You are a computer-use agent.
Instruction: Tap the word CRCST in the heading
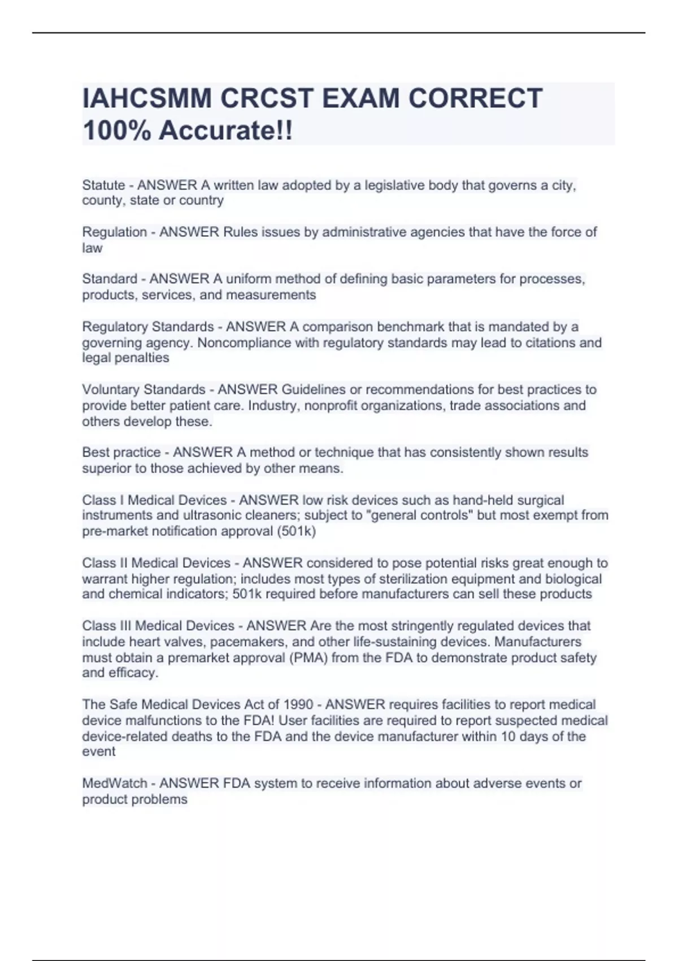click(266, 98)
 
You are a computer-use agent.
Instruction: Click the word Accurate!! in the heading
click(226, 131)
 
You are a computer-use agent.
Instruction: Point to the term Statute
click(103, 185)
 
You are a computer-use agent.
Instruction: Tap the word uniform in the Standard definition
click(247, 279)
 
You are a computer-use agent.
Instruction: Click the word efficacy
click(133, 673)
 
